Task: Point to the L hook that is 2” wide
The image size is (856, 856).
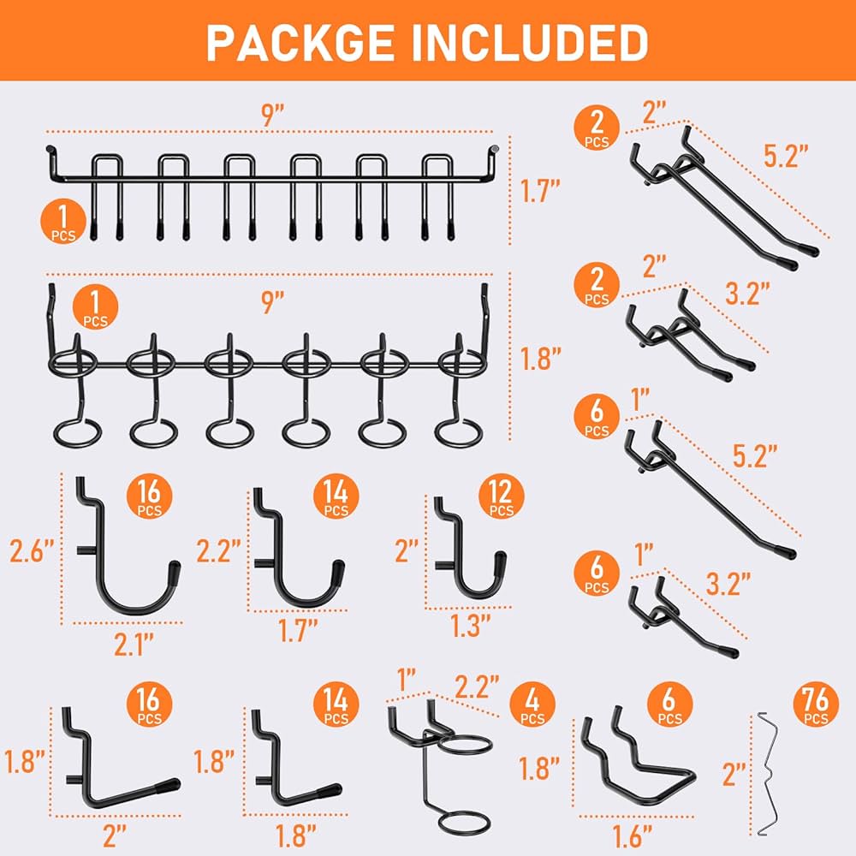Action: click(120, 770)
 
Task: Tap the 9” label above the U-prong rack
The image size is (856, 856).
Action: click(273, 116)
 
